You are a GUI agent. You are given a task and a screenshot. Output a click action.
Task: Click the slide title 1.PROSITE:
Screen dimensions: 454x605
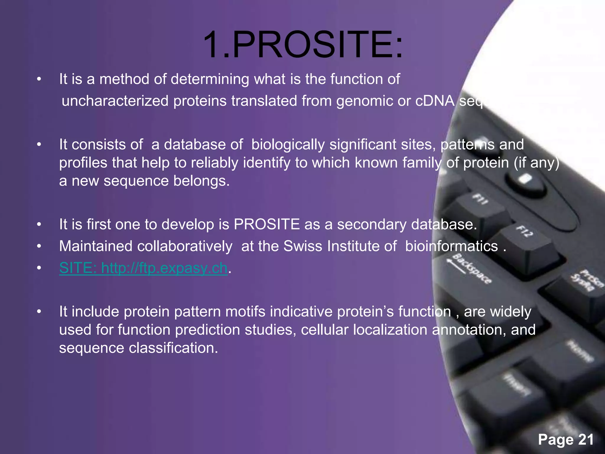point(302,45)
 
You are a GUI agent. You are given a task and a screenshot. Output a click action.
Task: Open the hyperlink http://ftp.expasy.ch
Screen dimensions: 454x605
point(164,268)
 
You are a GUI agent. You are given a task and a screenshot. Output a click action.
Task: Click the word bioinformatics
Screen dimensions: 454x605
point(451,246)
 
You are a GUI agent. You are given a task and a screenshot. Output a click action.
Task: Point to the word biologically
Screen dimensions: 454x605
point(288,144)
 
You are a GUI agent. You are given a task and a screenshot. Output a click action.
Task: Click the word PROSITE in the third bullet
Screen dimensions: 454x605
point(266,224)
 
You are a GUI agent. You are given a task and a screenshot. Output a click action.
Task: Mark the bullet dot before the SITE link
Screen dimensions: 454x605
point(39,268)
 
